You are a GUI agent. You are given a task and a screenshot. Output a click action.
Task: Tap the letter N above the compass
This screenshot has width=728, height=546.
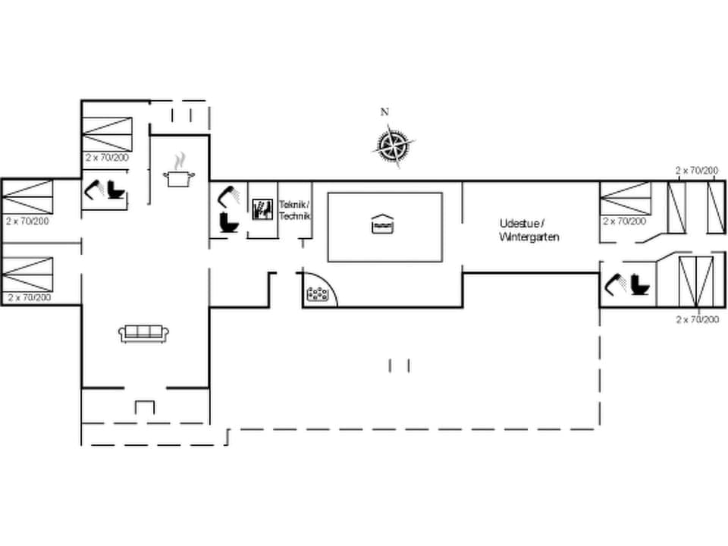pos(384,112)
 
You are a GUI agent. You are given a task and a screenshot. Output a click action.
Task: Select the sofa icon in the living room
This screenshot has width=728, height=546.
pos(144,333)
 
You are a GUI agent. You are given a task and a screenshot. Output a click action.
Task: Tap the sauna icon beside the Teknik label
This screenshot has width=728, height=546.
pos(262,209)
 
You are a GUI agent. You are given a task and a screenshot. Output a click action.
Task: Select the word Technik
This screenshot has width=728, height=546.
pos(294,216)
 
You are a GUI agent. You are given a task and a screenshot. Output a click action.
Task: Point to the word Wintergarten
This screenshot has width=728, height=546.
pos(529,237)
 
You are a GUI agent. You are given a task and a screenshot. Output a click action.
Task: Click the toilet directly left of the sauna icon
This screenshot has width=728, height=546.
pos(228,223)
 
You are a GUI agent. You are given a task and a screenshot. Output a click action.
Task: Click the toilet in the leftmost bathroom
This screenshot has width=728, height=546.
pos(116,189)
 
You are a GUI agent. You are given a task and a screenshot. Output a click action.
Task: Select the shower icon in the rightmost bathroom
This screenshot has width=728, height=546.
pos(615,284)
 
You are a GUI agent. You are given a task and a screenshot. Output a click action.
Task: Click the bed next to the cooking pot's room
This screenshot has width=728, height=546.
pos(107,135)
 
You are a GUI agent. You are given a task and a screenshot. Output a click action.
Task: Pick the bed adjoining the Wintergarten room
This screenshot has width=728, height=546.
pos(626,198)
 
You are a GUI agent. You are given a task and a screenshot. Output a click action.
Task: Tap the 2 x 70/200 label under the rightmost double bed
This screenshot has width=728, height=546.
pos(698,320)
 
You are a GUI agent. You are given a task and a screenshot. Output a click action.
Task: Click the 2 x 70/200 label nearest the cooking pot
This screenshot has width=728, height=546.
pos(107,158)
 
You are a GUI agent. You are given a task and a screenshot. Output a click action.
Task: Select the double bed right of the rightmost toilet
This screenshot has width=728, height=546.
pos(696,281)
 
